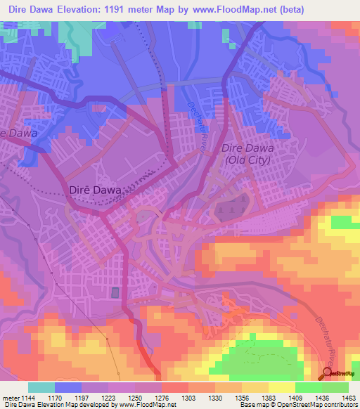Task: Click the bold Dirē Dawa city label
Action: (95, 190)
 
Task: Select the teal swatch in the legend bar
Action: (41, 387)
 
